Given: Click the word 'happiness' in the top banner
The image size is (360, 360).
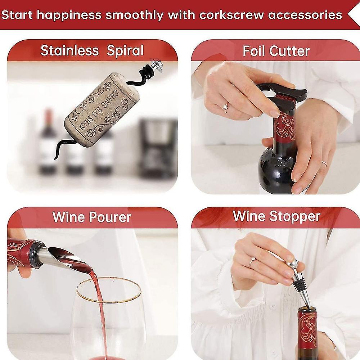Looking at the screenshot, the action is click(x=69, y=15).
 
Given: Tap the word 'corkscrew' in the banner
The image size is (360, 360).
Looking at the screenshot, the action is click(x=231, y=15).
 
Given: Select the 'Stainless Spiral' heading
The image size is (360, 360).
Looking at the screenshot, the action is click(x=92, y=51).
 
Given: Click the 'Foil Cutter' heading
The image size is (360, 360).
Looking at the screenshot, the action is click(x=276, y=51).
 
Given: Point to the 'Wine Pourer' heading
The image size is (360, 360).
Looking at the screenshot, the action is click(x=91, y=217).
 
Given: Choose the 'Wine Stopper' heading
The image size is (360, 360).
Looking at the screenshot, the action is click(x=276, y=216).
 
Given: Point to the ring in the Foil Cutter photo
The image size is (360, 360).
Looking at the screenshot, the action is click(x=225, y=107).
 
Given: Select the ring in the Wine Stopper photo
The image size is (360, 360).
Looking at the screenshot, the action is click(x=251, y=262).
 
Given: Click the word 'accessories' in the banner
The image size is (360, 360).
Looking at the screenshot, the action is click(x=305, y=15).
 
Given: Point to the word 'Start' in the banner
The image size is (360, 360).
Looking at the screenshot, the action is click(x=17, y=15).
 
